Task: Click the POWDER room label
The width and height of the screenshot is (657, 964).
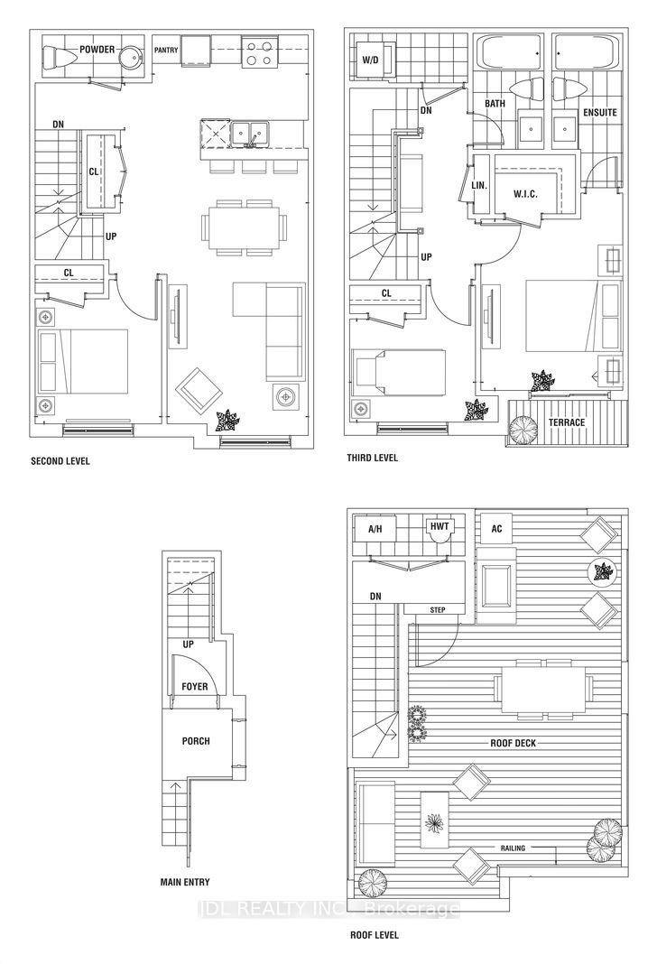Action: [x=97, y=49]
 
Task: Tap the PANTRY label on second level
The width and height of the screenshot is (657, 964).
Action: [x=165, y=50]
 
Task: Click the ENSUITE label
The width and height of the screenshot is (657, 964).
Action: [x=600, y=113]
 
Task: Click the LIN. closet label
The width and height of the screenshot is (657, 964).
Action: [x=479, y=186]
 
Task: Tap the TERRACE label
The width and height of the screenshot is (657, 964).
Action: [x=565, y=422]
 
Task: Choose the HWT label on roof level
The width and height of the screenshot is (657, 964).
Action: [x=440, y=527]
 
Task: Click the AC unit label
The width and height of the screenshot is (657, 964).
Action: [x=496, y=529]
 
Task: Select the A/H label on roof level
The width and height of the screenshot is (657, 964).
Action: [x=376, y=529]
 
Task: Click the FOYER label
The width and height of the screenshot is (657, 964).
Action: [x=193, y=687]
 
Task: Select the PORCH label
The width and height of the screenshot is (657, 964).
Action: [x=195, y=741]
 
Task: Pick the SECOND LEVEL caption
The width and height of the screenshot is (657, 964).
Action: [x=60, y=460]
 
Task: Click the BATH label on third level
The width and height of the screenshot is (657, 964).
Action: [x=495, y=104]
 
